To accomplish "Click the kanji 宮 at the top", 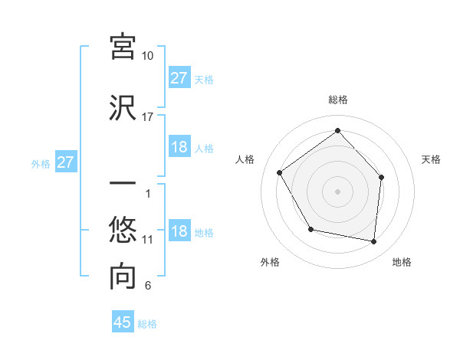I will click(123, 47).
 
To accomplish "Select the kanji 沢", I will click(123, 107).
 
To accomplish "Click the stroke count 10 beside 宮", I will click(148, 56).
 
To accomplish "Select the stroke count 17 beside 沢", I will click(148, 117).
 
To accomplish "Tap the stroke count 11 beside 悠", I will click(148, 240).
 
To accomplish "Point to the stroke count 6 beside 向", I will click(148, 286).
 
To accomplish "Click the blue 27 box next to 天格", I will click(179, 77).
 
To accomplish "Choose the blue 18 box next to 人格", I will click(179, 147).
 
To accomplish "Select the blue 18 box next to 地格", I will click(179, 231).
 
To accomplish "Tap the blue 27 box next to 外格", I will click(66, 162).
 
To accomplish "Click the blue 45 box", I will click(123, 322).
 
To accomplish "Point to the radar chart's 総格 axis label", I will click(337, 100).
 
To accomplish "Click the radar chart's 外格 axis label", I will click(270, 263).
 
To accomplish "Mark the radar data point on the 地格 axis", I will click(374, 242).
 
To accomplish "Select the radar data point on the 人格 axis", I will click(280, 173).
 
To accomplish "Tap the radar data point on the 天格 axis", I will click(382, 177).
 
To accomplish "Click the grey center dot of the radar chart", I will click(337, 191).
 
